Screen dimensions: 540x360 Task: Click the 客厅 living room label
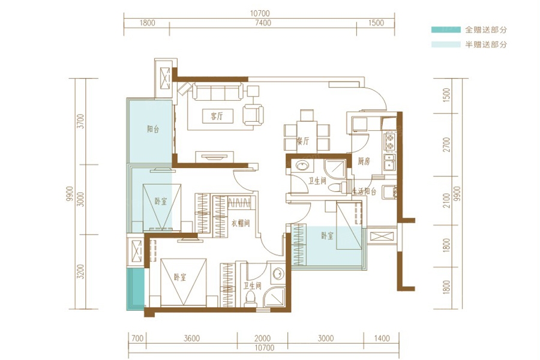point(217,116)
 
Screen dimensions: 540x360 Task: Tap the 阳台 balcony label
point(153,130)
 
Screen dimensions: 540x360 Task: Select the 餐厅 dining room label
point(303,140)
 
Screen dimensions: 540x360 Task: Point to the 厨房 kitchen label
point(364,161)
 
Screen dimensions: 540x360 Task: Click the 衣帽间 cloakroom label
point(241,223)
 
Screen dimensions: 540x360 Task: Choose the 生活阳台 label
point(364,191)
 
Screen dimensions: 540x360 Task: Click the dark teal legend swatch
point(446,29)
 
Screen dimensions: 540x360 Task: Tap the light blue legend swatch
point(446,44)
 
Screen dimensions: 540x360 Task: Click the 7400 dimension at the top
point(263,23)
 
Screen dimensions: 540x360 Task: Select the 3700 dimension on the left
point(80,121)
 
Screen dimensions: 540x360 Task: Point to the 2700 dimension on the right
point(446,145)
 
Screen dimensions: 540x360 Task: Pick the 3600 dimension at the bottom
point(191,338)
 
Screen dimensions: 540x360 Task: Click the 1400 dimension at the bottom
point(382,338)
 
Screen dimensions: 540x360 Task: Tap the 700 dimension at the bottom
point(137,338)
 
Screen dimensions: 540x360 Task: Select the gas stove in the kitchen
point(390,142)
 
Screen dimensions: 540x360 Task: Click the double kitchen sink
point(389,163)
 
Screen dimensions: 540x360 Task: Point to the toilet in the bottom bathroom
point(250,299)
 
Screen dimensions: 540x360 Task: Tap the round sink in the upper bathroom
point(302,166)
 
